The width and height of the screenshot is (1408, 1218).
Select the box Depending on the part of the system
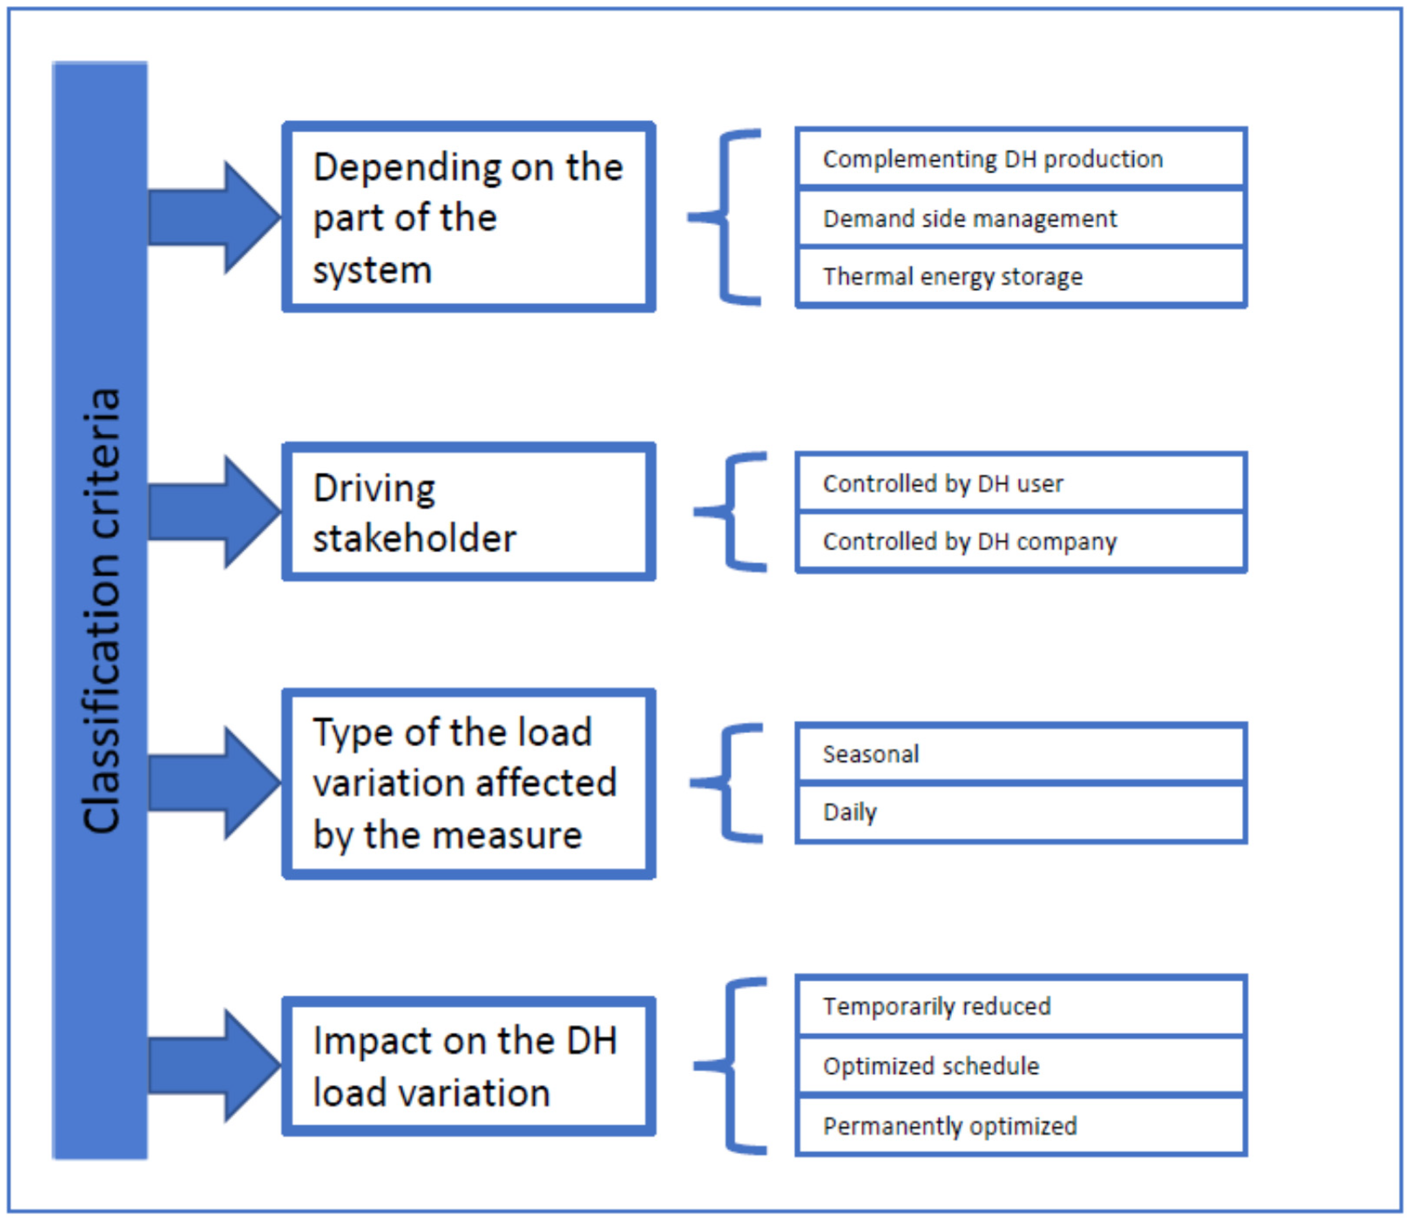click(469, 217)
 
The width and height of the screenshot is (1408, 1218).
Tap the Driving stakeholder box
click(469, 512)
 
